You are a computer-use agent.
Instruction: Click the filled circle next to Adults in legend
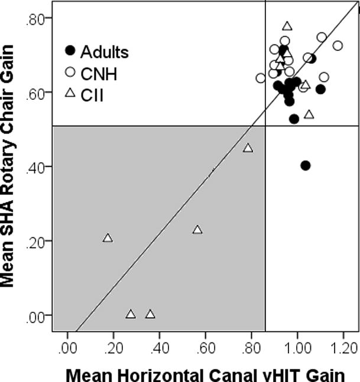click(70, 51)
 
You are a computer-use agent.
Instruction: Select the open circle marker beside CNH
click(70, 72)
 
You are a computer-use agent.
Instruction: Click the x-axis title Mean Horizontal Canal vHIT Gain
click(204, 373)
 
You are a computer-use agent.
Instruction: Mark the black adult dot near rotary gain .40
click(305, 165)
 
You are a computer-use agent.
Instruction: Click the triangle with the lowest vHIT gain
click(108, 238)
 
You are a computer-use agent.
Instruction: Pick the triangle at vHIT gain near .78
click(248, 148)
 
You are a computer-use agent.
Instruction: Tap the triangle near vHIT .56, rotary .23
click(197, 230)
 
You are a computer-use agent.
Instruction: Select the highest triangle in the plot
click(287, 26)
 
